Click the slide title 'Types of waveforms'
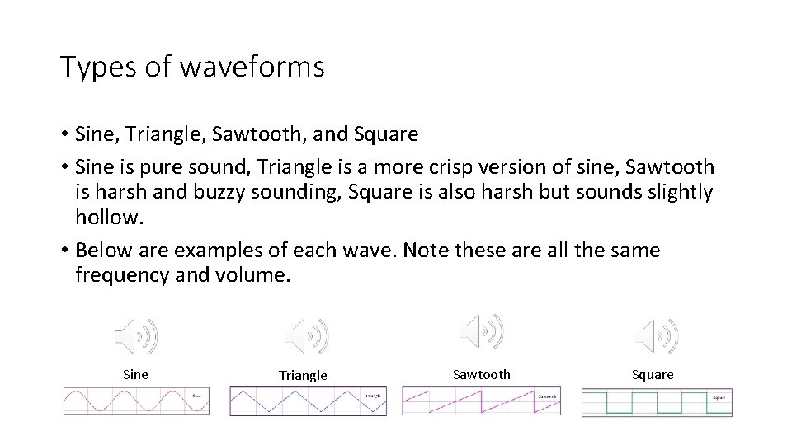(x=192, y=68)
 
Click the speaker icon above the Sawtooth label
(x=482, y=330)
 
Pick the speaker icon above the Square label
(x=657, y=335)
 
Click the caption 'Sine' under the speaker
(x=135, y=375)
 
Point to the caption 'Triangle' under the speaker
(x=303, y=376)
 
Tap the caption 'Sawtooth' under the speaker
(x=482, y=375)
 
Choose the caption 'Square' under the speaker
(x=653, y=375)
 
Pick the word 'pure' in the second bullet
(x=155, y=167)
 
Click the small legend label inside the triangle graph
(x=373, y=396)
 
